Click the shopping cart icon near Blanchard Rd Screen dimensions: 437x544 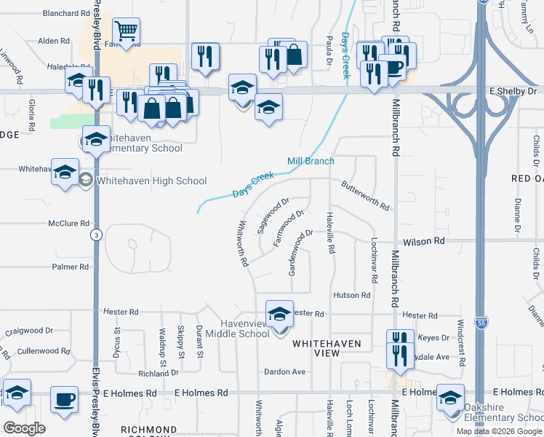pyautogui.click(x=126, y=31)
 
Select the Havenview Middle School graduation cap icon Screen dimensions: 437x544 pyautogui.click(x=279, y=315)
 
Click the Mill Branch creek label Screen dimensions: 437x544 pyautogui.click(x=311, y=161)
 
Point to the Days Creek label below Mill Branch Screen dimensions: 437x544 pyautogui.click(x=253, y=185)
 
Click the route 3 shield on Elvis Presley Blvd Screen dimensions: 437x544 pyautogui.click(x=95, y=235)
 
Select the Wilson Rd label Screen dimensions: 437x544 pyautogui.click(x=428, y=240)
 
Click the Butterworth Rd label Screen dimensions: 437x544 pyautogui.click(x=364, y=195)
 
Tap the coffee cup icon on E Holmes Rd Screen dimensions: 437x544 pyautogui.click(x=64, y=400)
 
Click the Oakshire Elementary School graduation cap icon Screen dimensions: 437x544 pyautogui.click(x=450, y=398)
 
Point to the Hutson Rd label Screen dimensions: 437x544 pyautogui.click(x=352, y=295)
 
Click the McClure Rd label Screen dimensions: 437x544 pyautogui.click(x=68, y=224)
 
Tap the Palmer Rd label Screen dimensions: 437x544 pyautogui.click(x=70, y=267)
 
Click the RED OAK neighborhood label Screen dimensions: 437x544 pyautogui.click(x=527, y=178)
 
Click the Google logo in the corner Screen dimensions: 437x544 pyautogui.click(x=24, y=428)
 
